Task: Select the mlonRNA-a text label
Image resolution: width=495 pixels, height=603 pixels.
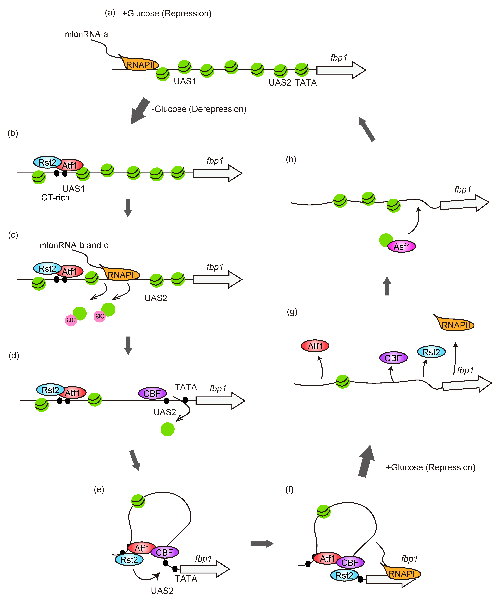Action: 86,34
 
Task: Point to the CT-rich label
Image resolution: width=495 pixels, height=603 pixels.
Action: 55,197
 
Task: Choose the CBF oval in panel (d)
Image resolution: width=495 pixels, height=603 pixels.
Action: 152,393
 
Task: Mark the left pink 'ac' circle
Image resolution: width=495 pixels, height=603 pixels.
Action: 71,320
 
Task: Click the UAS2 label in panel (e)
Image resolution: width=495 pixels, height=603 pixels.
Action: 162,591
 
